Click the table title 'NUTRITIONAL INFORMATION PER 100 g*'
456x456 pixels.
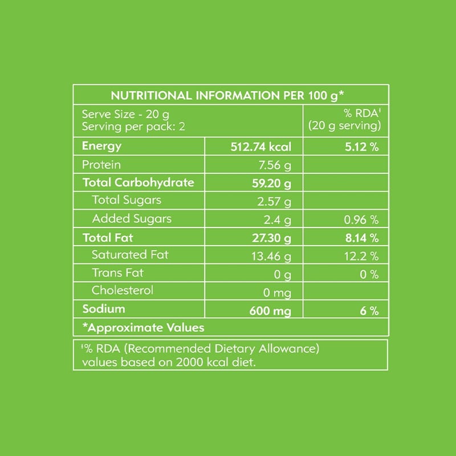point(229,95)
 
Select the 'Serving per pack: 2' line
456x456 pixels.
point(134,126)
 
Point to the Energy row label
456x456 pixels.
point(102,146)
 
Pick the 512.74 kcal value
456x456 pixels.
point(260,147)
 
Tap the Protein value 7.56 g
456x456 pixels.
point(275,166)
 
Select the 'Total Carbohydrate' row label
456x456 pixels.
point(139,183)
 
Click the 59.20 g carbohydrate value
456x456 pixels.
point(272,184)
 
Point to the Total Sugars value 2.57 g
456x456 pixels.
point(275,201)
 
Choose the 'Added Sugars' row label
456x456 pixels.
point(132,218)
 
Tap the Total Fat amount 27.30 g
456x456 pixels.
point(272,238)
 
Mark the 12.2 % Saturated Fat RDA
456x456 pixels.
point(363,256)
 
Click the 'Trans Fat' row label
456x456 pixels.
point(118,272)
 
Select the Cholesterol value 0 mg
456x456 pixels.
point(278,293)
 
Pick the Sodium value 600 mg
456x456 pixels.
point(270,311)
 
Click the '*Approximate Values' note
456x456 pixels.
point(143,327)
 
